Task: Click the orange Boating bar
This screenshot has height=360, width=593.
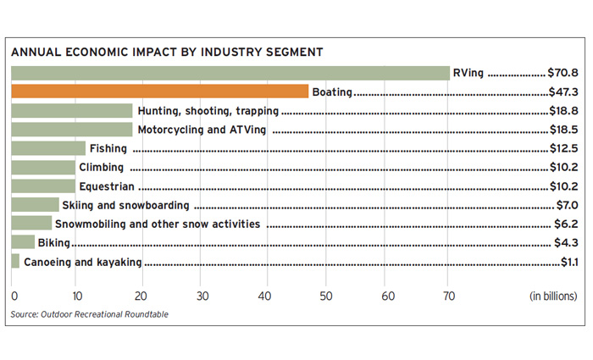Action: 160,91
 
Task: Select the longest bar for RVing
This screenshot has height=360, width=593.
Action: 230,73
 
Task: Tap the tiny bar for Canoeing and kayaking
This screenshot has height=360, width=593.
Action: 15,262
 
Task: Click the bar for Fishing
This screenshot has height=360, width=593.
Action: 48,148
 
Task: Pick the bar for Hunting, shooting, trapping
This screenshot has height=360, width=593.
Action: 72,111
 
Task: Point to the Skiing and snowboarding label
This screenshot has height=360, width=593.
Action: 125,206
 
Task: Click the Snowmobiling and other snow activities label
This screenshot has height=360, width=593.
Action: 158,224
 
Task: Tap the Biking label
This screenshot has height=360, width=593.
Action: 54,244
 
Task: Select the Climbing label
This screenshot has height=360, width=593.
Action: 101,168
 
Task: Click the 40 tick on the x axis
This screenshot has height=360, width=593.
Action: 264,296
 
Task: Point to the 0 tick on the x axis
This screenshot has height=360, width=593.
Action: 14,296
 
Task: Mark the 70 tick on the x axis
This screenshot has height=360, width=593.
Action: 452,296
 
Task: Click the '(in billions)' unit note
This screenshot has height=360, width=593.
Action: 553,296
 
